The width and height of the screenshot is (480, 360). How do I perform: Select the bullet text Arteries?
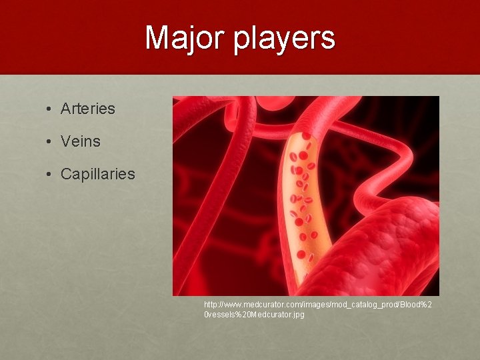pyautogui.click(x=87, y=108)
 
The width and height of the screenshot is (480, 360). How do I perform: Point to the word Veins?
pyautogui.click(x=80, y=141)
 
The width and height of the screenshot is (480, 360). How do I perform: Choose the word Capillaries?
pyautogui.click(x=97, y=175)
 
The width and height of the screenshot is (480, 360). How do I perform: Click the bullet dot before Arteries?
pyautogui.click(x=50, y=109)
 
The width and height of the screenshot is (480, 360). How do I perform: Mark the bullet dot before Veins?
pyautogui.click(x=50, y=142)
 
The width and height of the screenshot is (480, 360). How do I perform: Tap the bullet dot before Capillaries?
pyautogui.click(x=50, y=175)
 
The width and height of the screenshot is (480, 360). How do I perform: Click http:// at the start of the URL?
pyautogui.click(x=214, y=304)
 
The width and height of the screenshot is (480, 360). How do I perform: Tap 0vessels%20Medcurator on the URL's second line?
pyautogui.click(x=247, y=314)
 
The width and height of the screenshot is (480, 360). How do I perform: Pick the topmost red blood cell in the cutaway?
pyautogui.click(x=306, y=136)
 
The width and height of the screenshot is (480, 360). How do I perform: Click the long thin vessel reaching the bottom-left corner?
pyautogui.click(x=200, y=253)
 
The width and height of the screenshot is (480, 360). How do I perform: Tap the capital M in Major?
pyautogui.click(x=157, y=38)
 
